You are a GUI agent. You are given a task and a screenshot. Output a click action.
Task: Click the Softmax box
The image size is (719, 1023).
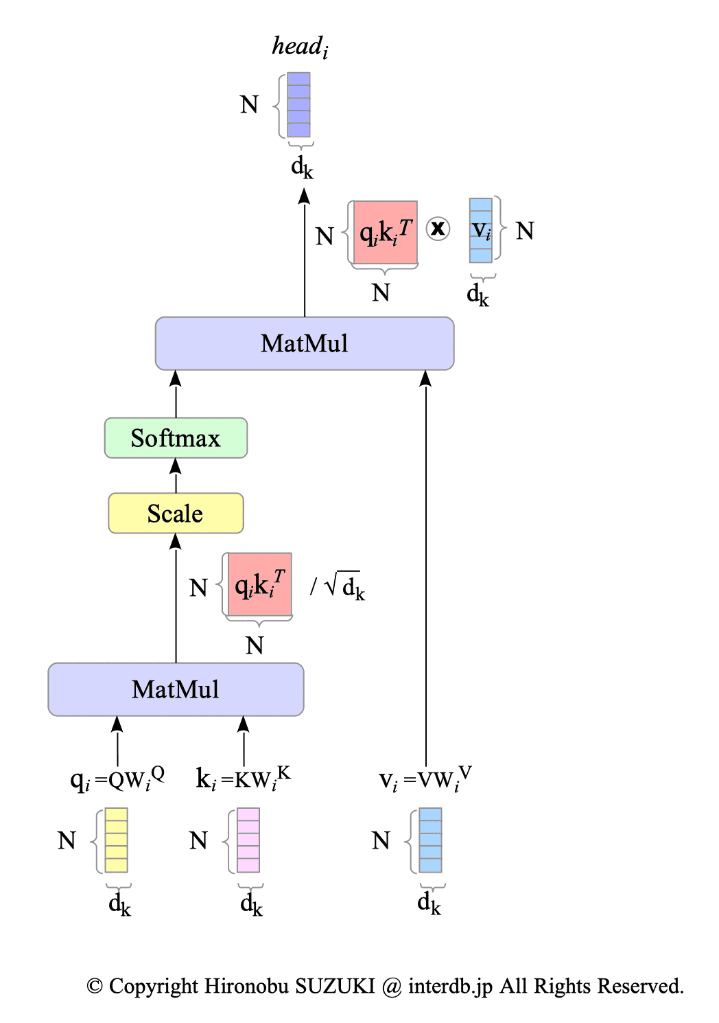pyautogui.click(x=176, y=438)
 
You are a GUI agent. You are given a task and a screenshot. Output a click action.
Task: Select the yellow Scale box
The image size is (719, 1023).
pyautogui.click(x=176, y=514)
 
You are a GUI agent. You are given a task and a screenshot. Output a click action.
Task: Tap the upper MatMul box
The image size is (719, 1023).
pyautogui.click(x=305, y=343)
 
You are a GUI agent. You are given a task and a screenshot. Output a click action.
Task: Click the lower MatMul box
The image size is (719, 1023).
pyautogui.click(x=176, y=689)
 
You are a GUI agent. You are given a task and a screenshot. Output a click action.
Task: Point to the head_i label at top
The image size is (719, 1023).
pyautogui.click(x=300, y=47)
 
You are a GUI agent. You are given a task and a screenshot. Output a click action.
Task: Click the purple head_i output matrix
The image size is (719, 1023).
pyautogui.click(x=298, y=105)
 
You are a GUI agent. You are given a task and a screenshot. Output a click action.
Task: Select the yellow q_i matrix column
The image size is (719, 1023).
pyautogui.click(x=117, y=840)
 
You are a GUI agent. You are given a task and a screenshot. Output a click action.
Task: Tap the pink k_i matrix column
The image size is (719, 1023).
pyautogui.click(x=248, y=840)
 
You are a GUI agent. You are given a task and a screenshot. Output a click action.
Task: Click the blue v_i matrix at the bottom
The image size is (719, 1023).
pyautogui.click(x=430, y=840)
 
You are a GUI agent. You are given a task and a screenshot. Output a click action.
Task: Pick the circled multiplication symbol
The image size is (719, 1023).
pyautogui.click(x=438, y=228)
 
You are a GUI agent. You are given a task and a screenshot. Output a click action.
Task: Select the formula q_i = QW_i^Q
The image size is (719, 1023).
pyautogui.click(x=117, y=779)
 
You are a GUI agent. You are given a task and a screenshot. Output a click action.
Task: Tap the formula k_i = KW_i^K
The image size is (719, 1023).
pyautogui.click(x=244, y=779)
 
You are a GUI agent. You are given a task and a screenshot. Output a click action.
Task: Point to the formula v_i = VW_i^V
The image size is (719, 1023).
pyautogui.click(x=425, y=779)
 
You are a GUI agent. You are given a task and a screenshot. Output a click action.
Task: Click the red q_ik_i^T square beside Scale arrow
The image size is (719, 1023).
pyautogui.click(x=260, y=585)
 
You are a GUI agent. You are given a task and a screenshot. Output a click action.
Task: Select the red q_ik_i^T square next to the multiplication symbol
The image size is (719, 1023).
pyautogui.click(x=386, y=233)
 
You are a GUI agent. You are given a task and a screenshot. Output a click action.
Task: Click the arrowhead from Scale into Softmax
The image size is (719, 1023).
pyautogui.click(x=176, y=466)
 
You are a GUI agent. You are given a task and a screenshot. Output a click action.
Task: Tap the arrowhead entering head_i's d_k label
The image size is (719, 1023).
pyautogui.click(x=304, y=196)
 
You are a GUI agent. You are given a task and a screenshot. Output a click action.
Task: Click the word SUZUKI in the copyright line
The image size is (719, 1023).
pyautogui.click(x=335, y=986)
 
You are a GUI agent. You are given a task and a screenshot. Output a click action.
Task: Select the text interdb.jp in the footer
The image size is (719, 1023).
pyautogui.click(x=450, y=986)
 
